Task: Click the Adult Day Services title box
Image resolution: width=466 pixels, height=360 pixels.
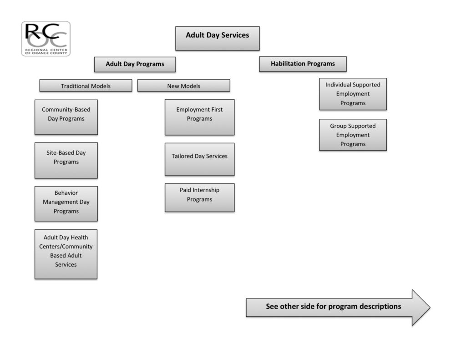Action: [x=218, y=38]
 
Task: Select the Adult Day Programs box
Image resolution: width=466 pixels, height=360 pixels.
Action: [x=135, y=64]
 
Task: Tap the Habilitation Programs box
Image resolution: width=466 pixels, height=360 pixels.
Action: [x=303, y=64]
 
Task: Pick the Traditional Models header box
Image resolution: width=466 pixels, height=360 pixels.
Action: [x=86, y=86]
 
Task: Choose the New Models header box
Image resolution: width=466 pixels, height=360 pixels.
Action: [x=183, y=86]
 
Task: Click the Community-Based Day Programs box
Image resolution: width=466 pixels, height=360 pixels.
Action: [x=66, y=117]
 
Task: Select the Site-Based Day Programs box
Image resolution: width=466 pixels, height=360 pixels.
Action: [x=66, y=160]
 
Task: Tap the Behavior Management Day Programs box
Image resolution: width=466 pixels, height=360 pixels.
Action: [x=66, y=203]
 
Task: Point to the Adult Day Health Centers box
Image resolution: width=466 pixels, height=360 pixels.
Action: [x=66, y=254]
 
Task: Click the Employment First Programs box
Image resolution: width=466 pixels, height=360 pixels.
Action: [x=199, y=117]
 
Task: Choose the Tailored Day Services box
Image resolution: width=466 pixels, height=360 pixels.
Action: [x=199, y=159]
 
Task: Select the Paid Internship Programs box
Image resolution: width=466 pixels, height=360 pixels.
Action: [x=199, y=198]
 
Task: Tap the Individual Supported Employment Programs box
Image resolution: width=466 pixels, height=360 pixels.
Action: [x=353, y=94]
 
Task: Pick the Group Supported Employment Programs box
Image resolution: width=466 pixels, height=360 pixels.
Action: [x=353, y=135]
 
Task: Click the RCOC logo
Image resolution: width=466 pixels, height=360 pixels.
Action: [x=46, y=39]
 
